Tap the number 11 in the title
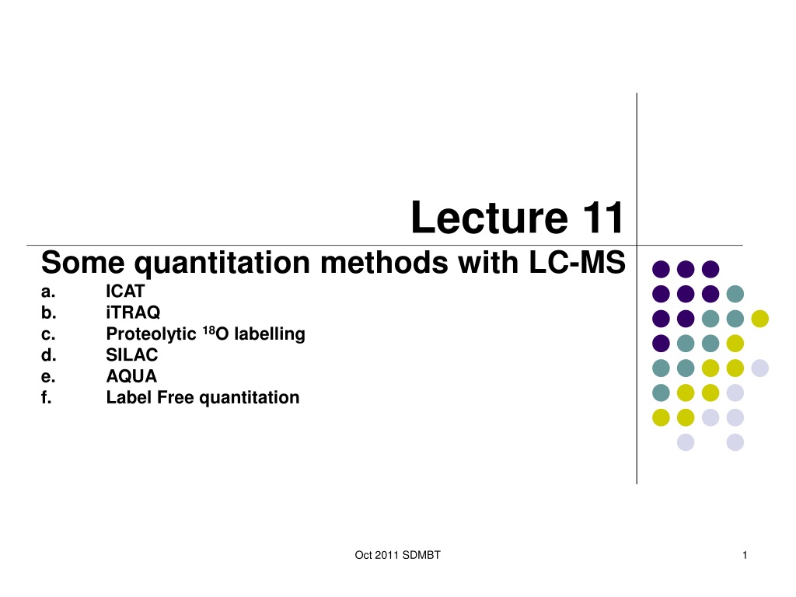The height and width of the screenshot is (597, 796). tap(602, 218)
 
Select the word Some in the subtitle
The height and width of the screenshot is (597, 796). tap(82, 263)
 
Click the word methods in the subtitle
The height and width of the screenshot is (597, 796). tap(384, 263)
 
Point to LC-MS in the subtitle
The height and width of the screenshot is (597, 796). tap(578, 263)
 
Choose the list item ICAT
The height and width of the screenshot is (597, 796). tap(125, 292)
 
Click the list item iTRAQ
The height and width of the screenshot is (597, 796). tap(133, 312)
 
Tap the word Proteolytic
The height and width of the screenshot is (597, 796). tap(151, 334)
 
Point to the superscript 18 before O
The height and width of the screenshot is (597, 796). tap(209, 330)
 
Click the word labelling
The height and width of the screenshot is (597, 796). tap(270, 334)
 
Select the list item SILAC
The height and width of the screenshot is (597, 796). tap(131, 354)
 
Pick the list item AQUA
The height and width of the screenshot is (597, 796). tap(131, 376)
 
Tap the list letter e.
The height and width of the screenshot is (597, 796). tap(47, 377)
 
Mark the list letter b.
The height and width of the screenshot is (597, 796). tap(48, 312)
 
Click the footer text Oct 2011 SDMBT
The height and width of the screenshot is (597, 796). tap(397, 555)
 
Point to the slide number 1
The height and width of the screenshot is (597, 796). tap(745, 555)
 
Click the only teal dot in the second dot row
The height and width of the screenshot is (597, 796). tap(735, 294)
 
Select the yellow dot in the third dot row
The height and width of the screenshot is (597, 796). tap(760, 319)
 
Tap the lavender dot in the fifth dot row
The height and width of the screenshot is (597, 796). tap(760, 368)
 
